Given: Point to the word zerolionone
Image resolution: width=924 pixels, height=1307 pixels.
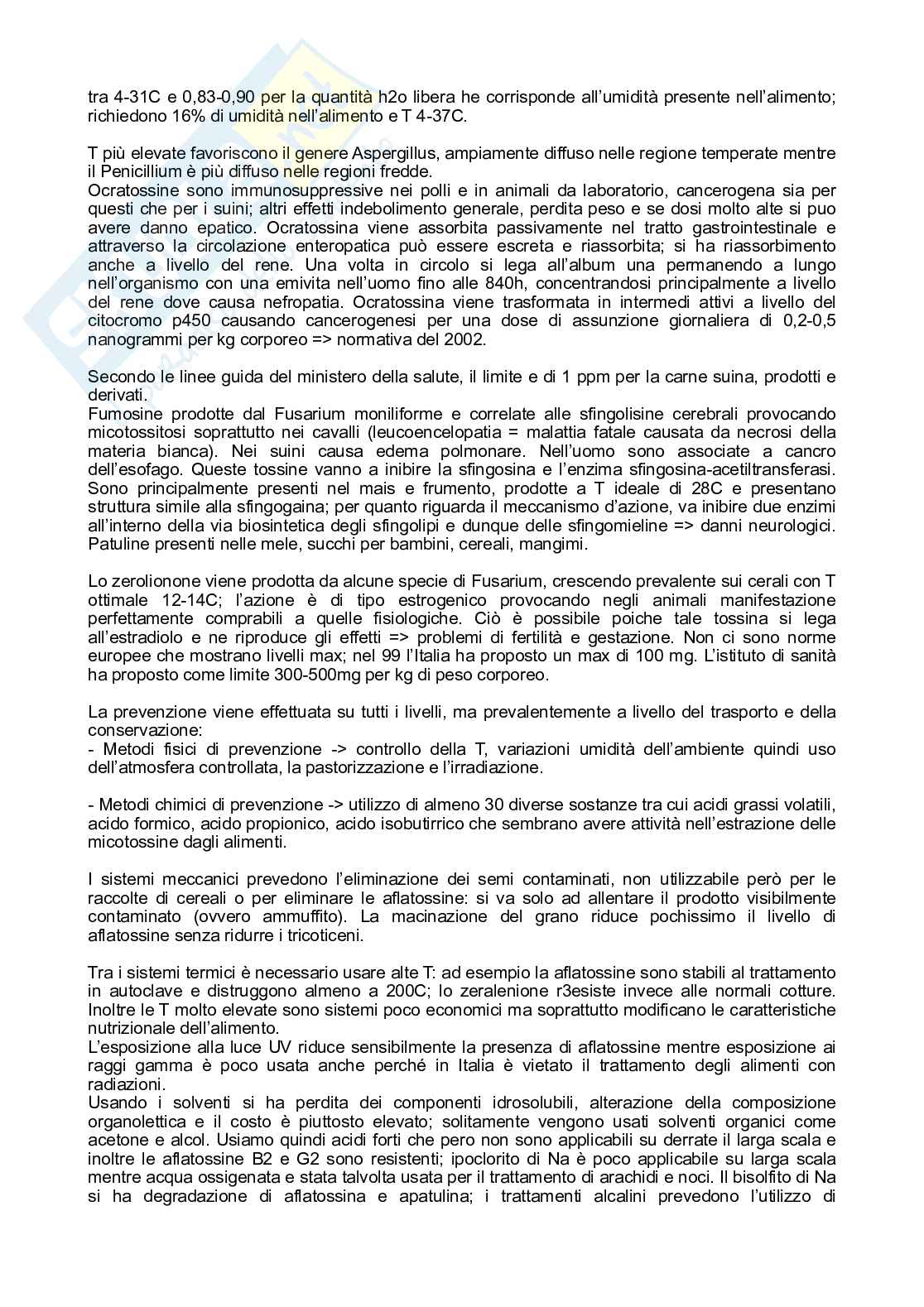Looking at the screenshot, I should (155, 582).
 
